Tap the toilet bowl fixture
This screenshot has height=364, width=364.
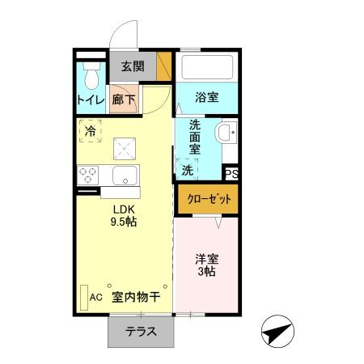pyautogui.click(x=91, y=75)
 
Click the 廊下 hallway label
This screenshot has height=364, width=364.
pyautogui.click(x=124, y=100)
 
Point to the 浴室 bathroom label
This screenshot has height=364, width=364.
pyautogui.click(x=207, y=98)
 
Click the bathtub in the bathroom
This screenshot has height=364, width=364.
pyautogui.click(x=206, y=67)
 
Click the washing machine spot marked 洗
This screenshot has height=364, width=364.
pyautogui.click(x=188, y=170)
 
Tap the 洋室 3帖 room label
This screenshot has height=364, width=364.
pyautogui.click(x=205, y=266)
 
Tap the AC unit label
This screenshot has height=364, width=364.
pyautogui.click(x=96, y=297)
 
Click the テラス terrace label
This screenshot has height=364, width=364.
pyautogui.click(x=140, y=332)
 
